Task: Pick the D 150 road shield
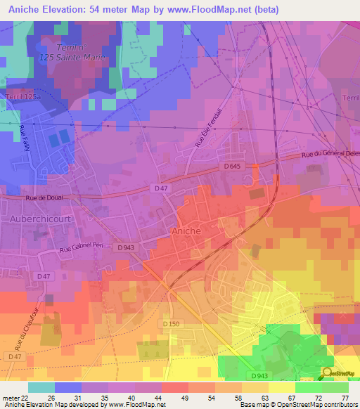[173, 323]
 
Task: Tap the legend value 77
[345, 397]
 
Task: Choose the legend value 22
[25, 397]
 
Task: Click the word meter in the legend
[9, 397]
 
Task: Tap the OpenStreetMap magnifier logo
[327, 372]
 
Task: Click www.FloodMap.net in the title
[219, 9]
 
